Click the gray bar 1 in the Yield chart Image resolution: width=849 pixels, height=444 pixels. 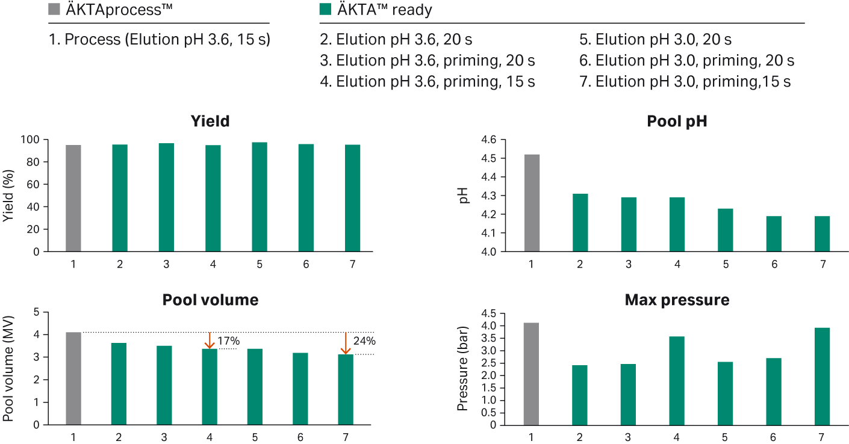click(x=73, y=198)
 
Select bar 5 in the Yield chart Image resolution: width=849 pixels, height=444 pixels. click(x=260, y=197)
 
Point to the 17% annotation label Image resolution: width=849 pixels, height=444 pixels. click(x=228, y=341)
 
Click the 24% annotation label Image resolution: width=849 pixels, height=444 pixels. click(x=365, y=341)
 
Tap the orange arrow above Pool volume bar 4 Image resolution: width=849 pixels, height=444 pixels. click(x=210, y=340)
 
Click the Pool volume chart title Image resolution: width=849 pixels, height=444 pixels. click(x=210, y=300)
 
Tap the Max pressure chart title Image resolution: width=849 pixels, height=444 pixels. click(x=677, y=300)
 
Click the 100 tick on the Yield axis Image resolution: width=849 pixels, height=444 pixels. click(x=31, y=140)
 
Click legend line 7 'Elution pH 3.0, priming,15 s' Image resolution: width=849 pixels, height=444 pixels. click(x=692, y=81)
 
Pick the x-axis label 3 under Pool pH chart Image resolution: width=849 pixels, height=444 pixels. click(x=628, y=264)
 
